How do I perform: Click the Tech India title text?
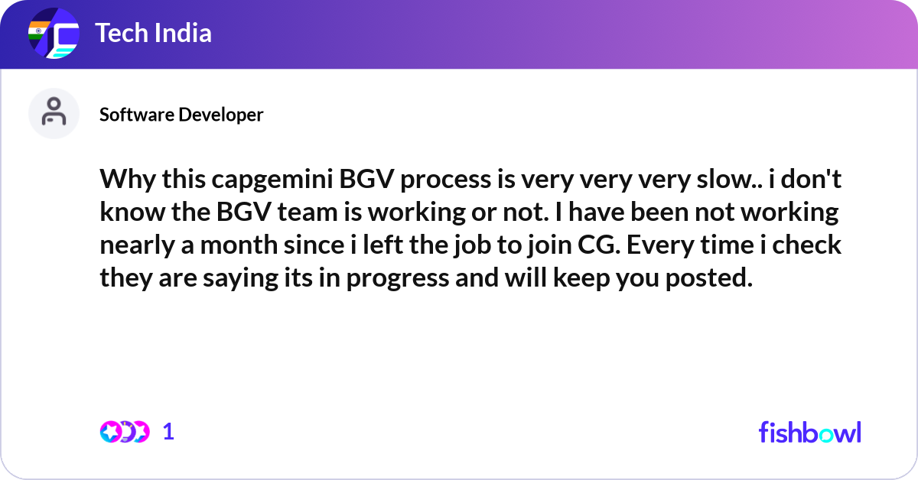153,34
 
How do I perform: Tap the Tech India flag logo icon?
54,34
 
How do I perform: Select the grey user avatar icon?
54,113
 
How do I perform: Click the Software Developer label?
181,115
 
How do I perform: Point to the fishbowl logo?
809,432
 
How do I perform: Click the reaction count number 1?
169,432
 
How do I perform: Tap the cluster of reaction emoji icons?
124,432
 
